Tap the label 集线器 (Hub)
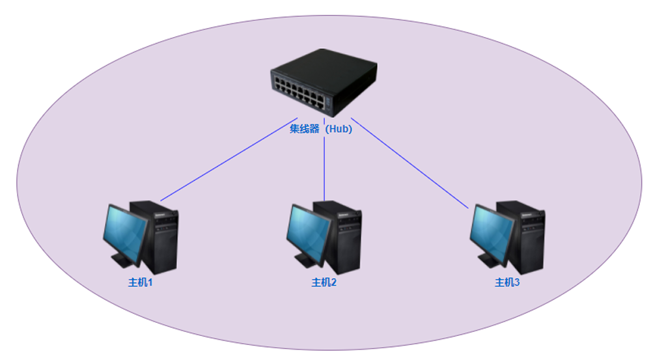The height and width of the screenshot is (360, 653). pos(321,129)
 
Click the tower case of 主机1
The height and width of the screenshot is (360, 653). pos(160,238)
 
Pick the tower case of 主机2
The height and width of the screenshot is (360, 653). pos(343,238)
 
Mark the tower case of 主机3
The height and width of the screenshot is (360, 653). pos(527,238)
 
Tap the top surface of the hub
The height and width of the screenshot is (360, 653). pos(326,65)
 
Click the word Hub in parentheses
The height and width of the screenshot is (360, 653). pos(339,129)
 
